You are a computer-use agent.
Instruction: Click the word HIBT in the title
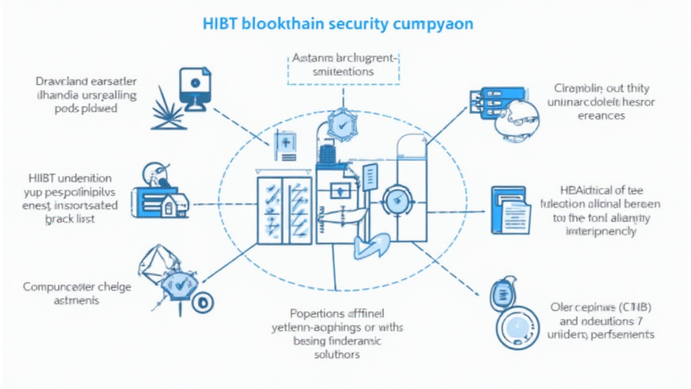[220, 23]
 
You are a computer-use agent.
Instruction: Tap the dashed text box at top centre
[344, 65]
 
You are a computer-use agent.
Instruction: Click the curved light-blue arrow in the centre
[370, 244]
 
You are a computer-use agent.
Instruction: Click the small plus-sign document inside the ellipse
[284, 143]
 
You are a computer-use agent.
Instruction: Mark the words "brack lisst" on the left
[69, 218]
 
